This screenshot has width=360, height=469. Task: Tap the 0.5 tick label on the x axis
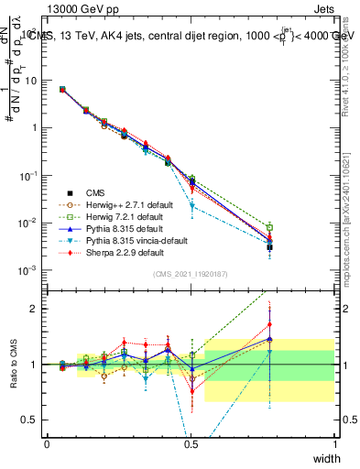(x=191, y=443)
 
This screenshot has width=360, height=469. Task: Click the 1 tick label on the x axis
(x=335, y=443)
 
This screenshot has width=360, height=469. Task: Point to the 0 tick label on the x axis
(x=47, y=443)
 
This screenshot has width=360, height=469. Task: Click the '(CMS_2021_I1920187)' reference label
(x=191, y=274)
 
